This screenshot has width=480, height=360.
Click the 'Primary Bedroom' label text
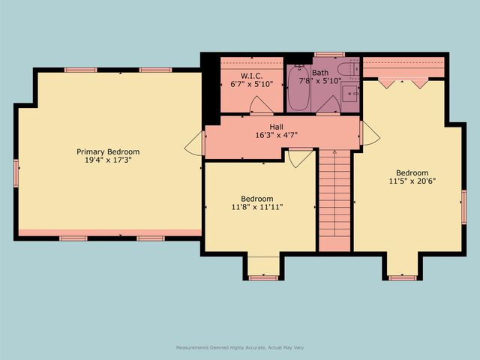[x=108, y=151]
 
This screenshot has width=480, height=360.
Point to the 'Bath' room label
[x=319, y=72]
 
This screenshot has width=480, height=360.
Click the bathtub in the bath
[x=298, y=89]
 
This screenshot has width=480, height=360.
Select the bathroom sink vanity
[x=350, y=94]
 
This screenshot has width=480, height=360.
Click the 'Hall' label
[x=276, y=127]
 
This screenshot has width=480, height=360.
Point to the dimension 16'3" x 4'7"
[x=276, y=135]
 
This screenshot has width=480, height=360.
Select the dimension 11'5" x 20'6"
[x=412, y=180]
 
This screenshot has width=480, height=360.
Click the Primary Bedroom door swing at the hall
[x=196, y=142]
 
